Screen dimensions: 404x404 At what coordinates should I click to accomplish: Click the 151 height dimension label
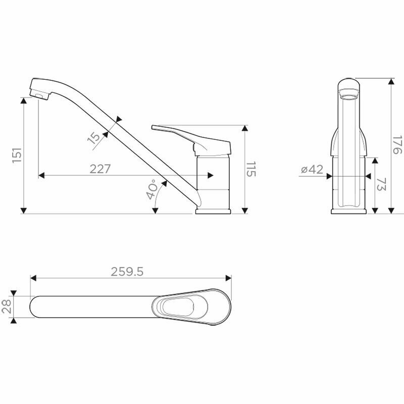click(17, 155)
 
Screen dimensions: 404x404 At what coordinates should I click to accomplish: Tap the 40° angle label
click(152, 189)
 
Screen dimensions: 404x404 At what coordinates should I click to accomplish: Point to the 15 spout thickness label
click(94, 137)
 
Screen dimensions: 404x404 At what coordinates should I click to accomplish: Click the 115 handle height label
click(251, 170)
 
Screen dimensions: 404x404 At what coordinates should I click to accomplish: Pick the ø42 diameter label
click(312, 169)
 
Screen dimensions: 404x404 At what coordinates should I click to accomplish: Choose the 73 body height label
click(381, 184)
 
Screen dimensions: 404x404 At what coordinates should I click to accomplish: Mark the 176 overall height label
click(397, 144)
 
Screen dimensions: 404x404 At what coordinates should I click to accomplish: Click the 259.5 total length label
click(127, 272)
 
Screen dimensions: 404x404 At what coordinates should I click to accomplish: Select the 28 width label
click(7, 307)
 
